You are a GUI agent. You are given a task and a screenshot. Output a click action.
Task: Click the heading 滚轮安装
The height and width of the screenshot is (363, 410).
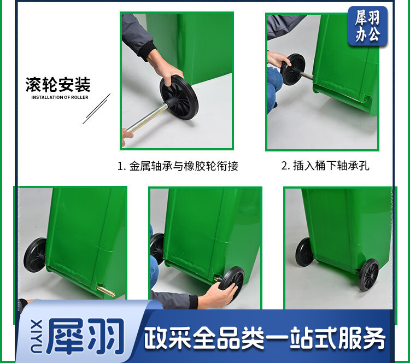click(x=58, y=85)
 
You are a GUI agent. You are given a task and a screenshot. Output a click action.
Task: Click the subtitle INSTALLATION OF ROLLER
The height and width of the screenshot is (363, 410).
click(x=60, y=97)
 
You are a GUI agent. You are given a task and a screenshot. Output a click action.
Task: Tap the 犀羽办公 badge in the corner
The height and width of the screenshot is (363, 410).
click(x=368, y=26)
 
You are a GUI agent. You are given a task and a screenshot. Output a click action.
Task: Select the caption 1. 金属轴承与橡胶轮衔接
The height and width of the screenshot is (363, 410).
click(x=178, y=166)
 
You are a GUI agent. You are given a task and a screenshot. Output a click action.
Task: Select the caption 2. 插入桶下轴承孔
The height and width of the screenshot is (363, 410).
click(x=325, y=166)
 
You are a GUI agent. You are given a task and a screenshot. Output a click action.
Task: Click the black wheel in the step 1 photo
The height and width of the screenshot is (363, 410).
click(x=179, y=97)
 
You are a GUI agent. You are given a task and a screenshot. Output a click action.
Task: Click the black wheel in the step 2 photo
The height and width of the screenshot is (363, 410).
click(x=293, y=69)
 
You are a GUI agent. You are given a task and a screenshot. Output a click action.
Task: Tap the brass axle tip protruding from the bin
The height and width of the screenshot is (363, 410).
click(x=106, y=291)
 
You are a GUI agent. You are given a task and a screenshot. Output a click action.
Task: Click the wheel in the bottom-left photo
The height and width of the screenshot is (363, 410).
click(x=36, y=255)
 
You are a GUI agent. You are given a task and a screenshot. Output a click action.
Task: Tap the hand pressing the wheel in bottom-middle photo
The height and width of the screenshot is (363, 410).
click(x=218, y=294)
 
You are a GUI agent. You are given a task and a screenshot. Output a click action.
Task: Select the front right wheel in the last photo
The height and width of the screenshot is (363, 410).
click(x=368, y=274)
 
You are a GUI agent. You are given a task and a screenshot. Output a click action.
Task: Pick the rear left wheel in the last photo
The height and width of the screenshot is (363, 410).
click(x=304, y=252)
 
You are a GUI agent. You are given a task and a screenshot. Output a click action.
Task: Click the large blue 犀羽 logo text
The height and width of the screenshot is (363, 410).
click(x=85, y=336)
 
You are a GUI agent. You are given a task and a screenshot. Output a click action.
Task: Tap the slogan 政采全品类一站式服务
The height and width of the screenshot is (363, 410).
click(x=265, y=338)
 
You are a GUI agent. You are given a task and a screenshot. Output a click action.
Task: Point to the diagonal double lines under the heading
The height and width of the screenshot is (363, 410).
click(x=96, y=109)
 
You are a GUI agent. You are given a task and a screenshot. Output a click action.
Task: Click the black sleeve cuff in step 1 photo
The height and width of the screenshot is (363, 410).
click(x=148, y=51)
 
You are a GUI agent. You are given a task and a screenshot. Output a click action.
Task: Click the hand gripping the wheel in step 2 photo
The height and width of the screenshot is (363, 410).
click(x=278, y=59)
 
